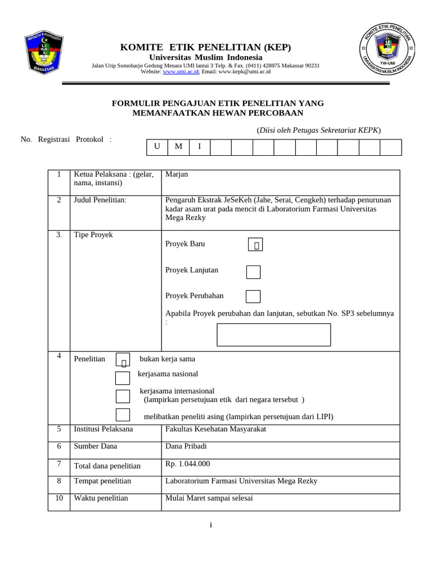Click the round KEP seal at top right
tap(388, 55)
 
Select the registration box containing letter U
tap(157, 147)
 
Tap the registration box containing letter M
tap(178, 147)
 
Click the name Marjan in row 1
tap(177, 174)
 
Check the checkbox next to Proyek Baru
tap(255, 245)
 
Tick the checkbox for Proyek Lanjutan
tap(253, 272)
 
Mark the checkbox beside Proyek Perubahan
tap(253, 296)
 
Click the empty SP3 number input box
tap(273, 335)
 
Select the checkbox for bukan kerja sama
tap(123, 360)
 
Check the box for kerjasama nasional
tap(123, 377)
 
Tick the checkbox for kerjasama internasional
tap(123, 396)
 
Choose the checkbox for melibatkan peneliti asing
tap(123, 415)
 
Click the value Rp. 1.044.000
tap(187, 464)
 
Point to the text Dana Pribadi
tap(186, 447)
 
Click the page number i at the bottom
tap(211, 525)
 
